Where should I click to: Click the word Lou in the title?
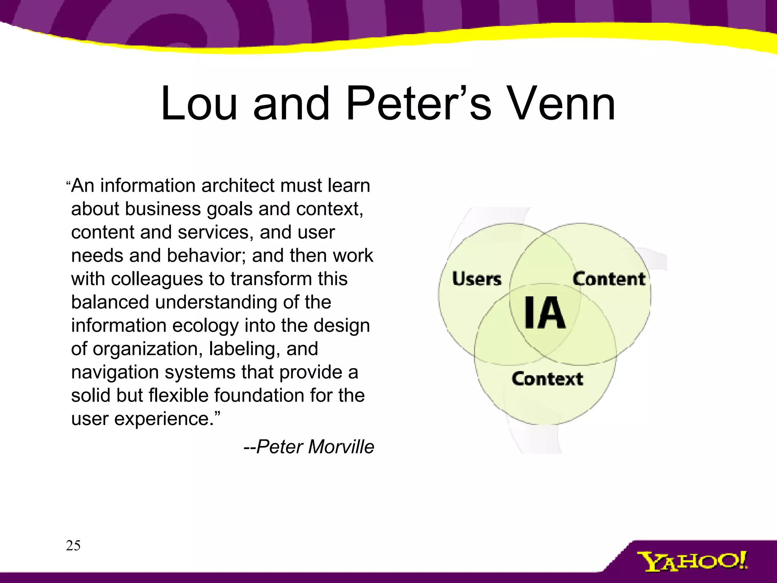tap(199, 104)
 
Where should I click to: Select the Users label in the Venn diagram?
tap(477, 279)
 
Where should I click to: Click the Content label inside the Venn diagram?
tap(609, 279)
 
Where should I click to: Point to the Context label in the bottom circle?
tap(547, 379)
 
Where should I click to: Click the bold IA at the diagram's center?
tap(545, 313)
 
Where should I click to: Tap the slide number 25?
tap(73, 545)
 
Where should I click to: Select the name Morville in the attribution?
tap(341, 447)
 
